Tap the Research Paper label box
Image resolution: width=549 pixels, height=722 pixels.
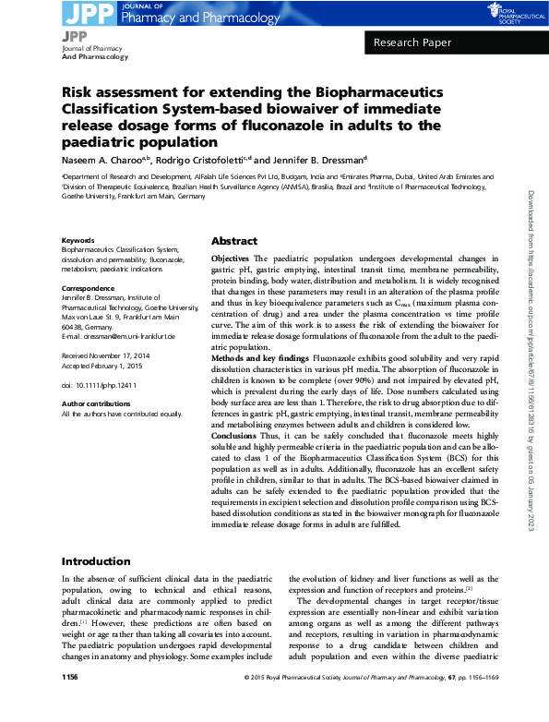pyautogui.click(x=413, y=43)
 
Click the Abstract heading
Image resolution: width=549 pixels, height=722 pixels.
pyautogui.click(x=233, y=240)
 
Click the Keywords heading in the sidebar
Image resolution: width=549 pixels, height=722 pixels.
pyautogui.click(x=78, y=240)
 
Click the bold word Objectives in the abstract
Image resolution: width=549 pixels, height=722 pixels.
pyautogui.click(x=230, y=259)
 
